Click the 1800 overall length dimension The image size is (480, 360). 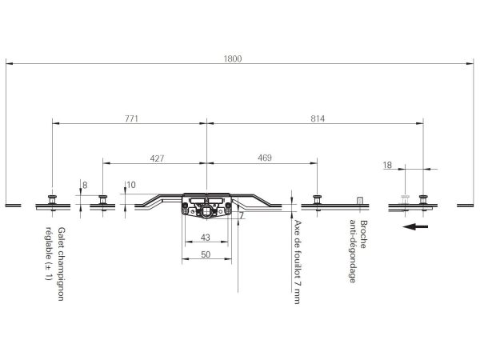(x=233, y=58)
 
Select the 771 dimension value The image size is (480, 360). (x=132, y=118)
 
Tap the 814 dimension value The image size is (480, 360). (x=318, y=118)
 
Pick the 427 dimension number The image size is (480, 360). (x=157, y=158)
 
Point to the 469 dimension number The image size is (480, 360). (x=265, y=158)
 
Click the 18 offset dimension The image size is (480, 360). (x=387, y=166)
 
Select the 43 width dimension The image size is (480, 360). (x=206, y=238)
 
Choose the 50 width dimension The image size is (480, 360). (x=206, y=254)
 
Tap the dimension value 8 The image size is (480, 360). (x=85, y=186)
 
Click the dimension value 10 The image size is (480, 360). (x=130, y=185)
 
